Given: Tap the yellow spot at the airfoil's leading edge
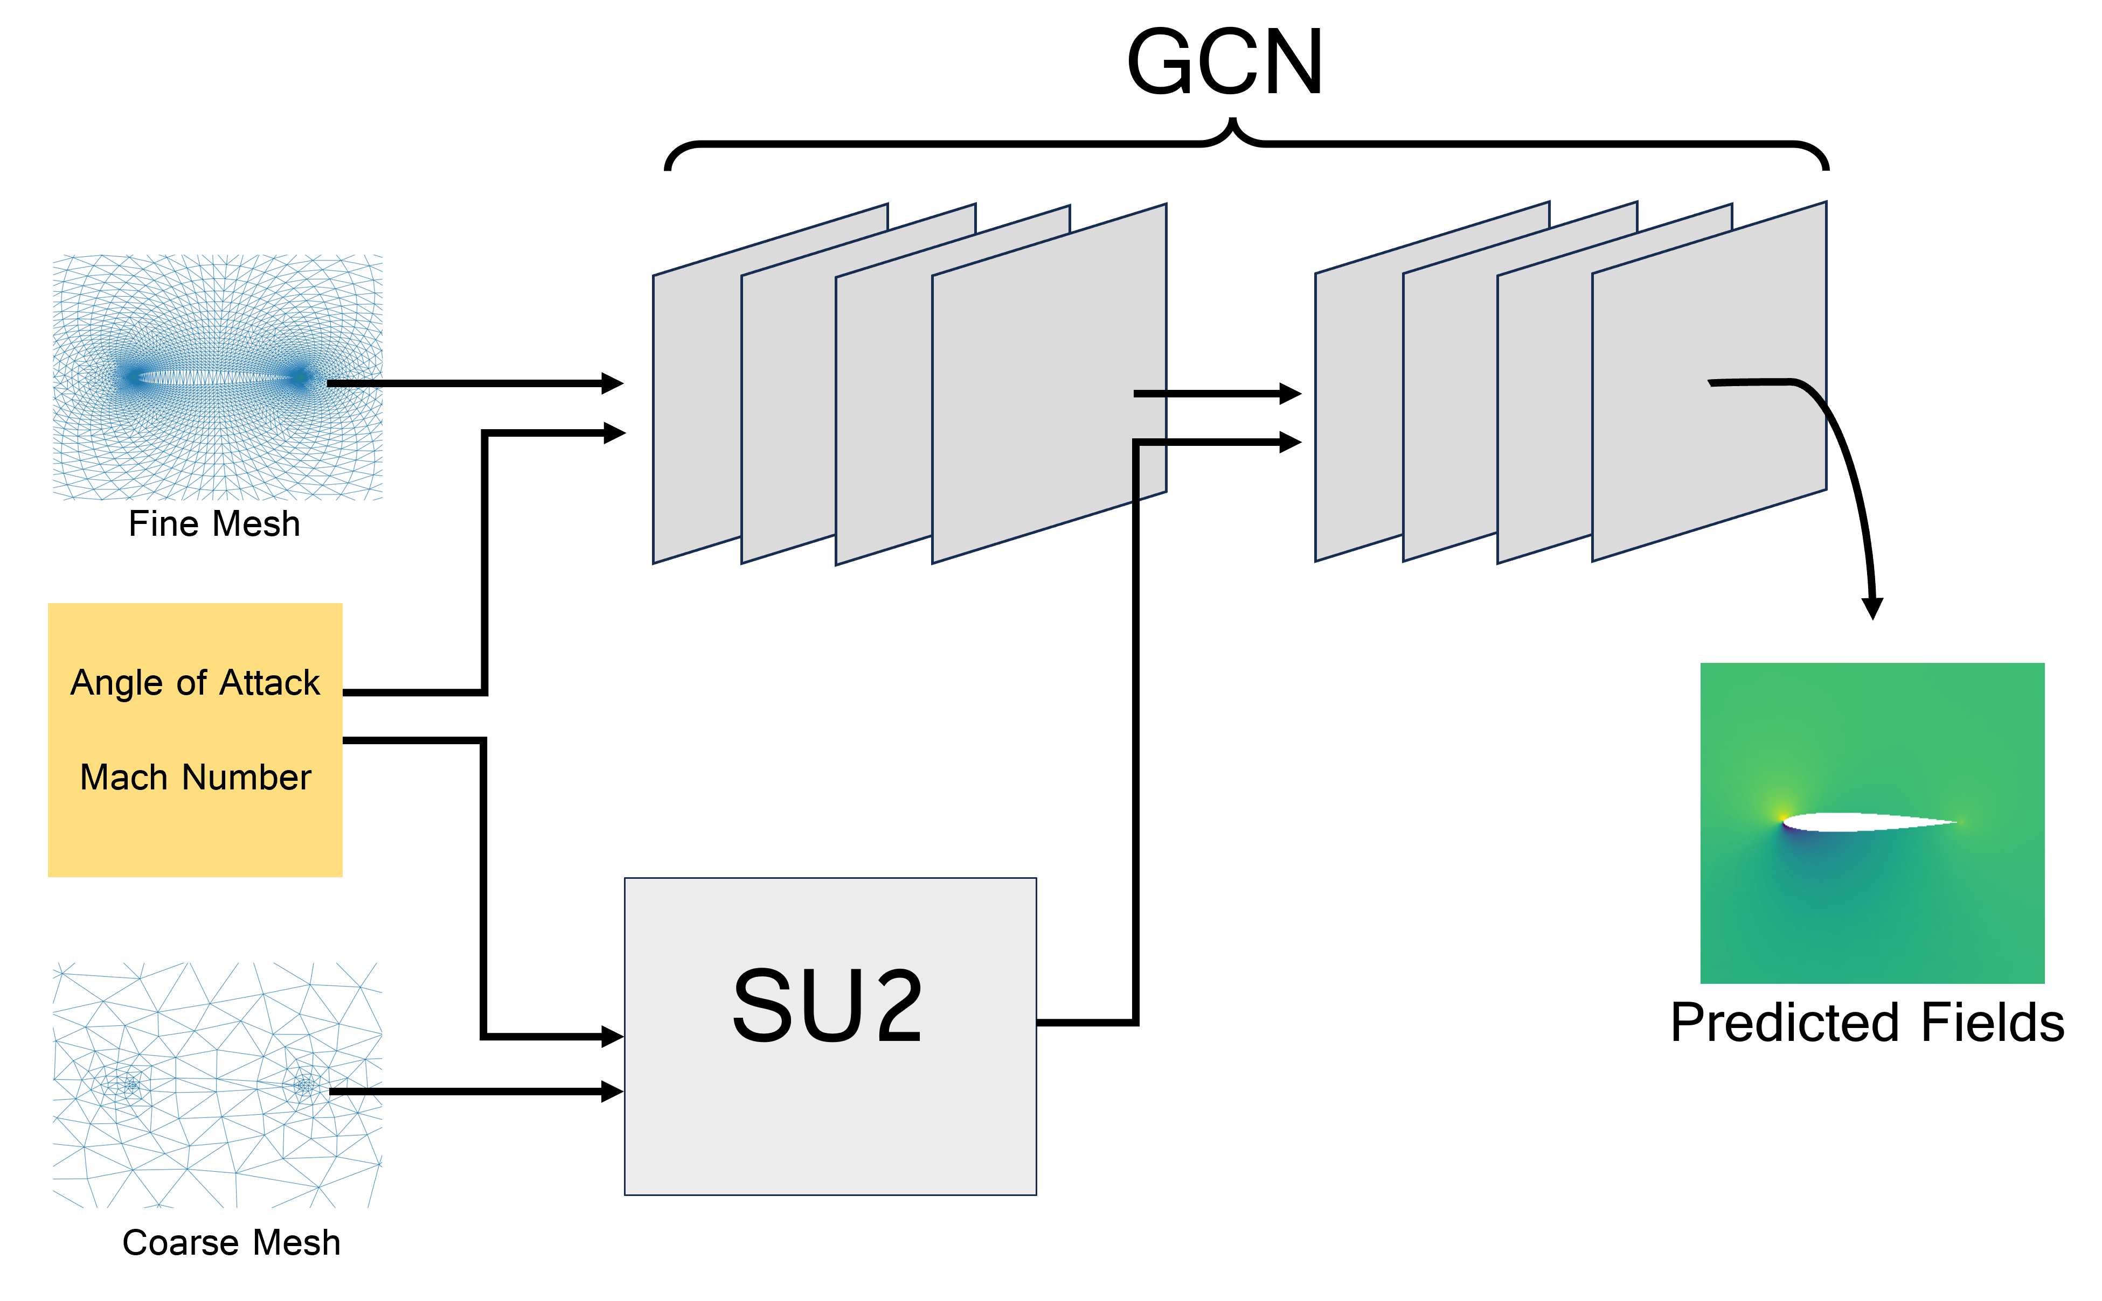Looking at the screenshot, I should coord(1780,816).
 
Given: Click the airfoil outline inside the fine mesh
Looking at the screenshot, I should coord(215,377).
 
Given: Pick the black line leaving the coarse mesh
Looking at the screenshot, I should coord(377,1091).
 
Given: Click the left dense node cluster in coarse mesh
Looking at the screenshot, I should coord(131,1086).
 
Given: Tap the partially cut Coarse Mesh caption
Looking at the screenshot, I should coord(231,1236).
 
